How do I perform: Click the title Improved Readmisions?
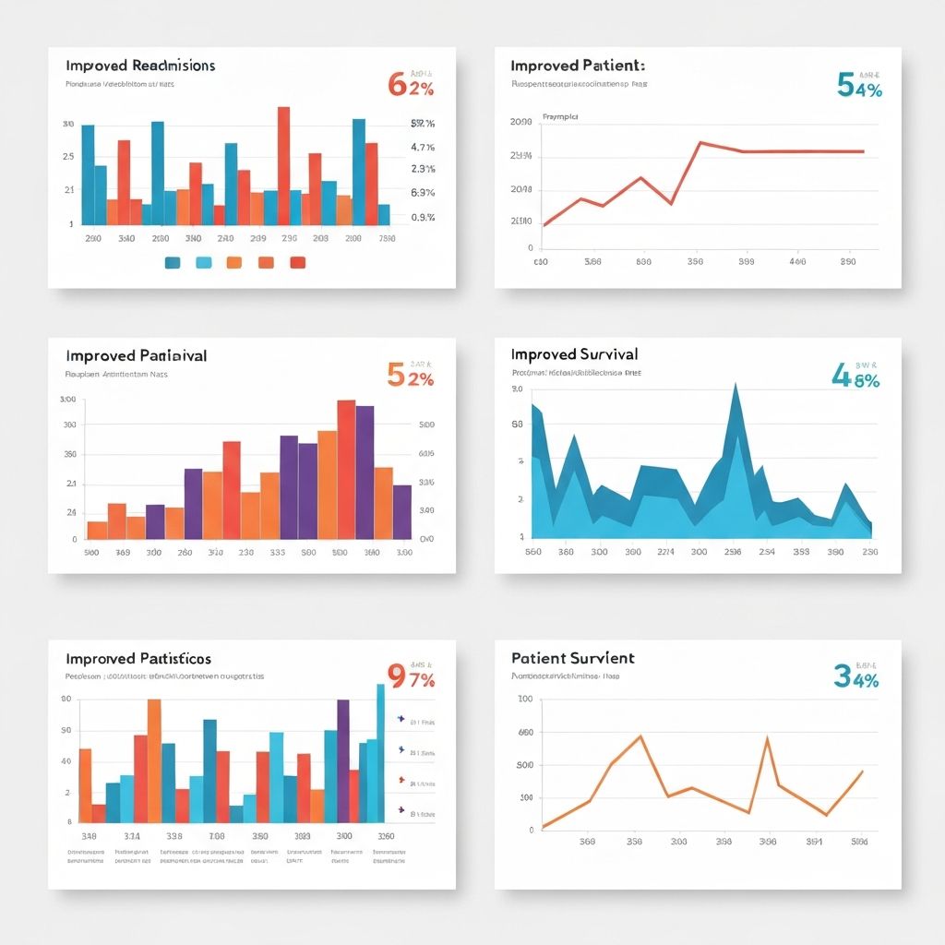point(140,66)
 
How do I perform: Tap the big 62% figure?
point(411,85)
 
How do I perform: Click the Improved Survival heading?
point(573,354)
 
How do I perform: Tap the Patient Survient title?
point(572,658)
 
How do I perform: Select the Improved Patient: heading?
point(577,66)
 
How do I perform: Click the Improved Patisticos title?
point(138,659)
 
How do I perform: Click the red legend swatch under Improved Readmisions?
point(297,263)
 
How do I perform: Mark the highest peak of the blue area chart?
point(736,388)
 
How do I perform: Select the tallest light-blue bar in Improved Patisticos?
point(380,752)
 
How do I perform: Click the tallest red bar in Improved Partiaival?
point(346,469)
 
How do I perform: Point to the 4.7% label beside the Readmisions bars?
point(422,147)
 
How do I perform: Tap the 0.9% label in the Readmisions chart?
point(422,218)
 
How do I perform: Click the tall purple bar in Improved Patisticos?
point(343,760)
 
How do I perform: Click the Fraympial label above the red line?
point(560,117)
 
